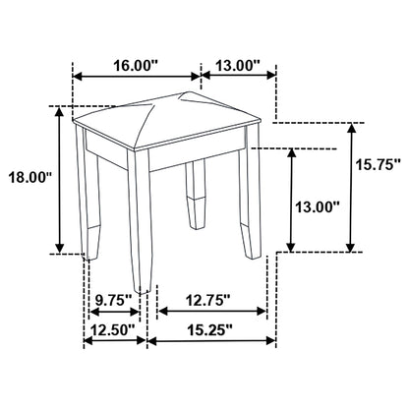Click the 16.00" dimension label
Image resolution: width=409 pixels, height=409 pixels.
coord(136,65)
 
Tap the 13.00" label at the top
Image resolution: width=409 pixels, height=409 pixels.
coord(236,65)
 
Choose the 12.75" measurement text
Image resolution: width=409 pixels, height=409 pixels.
coord(207,296)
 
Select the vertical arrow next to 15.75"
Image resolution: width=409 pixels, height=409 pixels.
coord(351,187)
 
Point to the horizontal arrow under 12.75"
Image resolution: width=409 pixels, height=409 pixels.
coord(212,312)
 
